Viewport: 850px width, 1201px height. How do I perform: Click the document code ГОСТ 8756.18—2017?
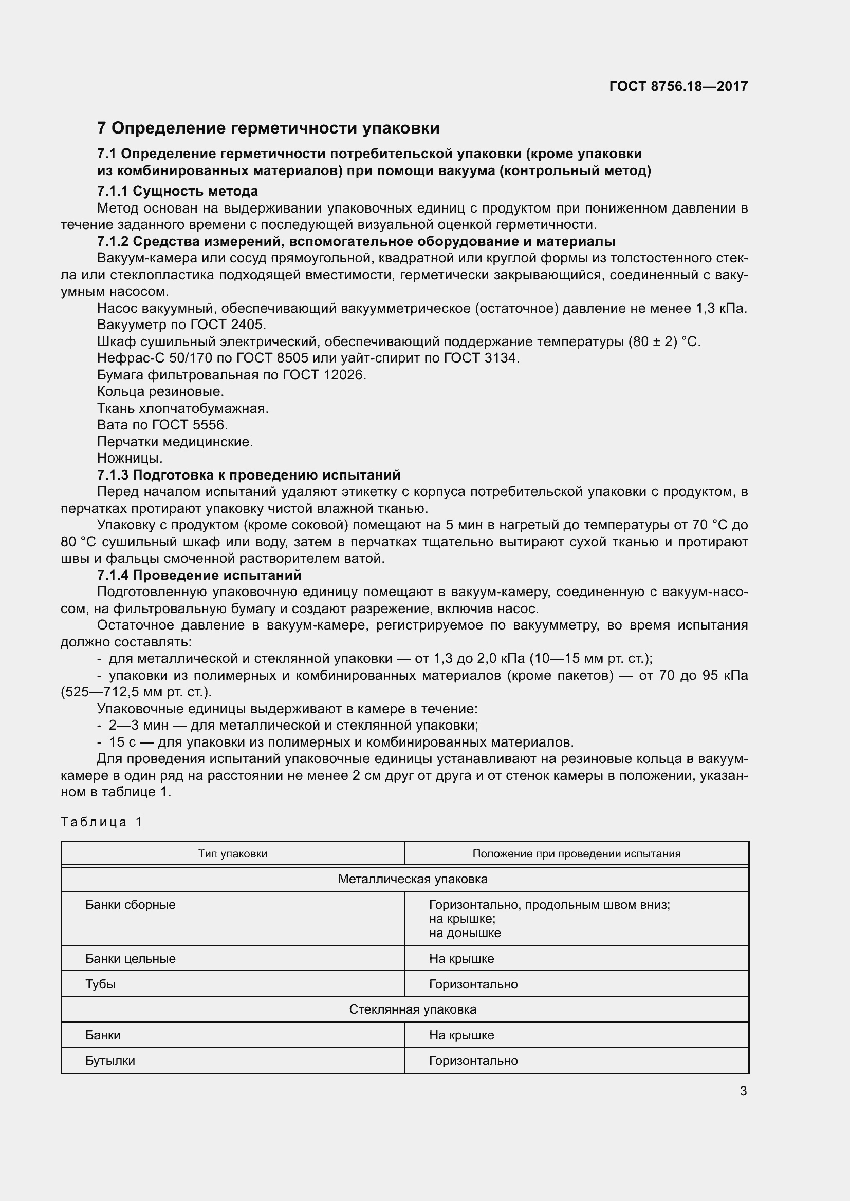(678, 86)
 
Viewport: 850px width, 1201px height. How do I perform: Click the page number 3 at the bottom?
(743, 1091)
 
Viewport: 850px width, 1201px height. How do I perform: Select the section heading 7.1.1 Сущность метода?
(177, 191)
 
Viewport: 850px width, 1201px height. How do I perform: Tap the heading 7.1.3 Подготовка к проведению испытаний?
(249, 475)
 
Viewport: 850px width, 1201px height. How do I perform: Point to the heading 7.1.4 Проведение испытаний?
(199, 575)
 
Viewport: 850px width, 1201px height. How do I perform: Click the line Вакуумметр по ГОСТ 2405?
(181, 325)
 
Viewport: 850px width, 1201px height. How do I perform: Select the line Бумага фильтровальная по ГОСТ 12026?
(231, 374)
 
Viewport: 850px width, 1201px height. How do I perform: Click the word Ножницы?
(130, 458)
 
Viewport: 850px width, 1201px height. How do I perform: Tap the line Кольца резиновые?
(160, 391)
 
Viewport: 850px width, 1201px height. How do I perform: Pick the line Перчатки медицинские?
(175, 442)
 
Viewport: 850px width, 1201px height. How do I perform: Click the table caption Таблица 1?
(102, 822)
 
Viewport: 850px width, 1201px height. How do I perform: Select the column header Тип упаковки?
(232, 854)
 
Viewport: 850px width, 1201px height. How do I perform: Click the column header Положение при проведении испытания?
(576, 854)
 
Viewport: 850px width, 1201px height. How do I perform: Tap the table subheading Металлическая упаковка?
(413, 879)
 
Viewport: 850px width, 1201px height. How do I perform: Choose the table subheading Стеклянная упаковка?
(413, 1009)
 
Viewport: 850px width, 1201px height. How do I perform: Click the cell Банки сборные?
(131, 904)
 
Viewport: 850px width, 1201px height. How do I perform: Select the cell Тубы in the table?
(101, 984)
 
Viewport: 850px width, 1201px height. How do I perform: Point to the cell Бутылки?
(110, 1060)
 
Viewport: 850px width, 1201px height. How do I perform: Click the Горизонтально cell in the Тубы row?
(473, 984)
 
